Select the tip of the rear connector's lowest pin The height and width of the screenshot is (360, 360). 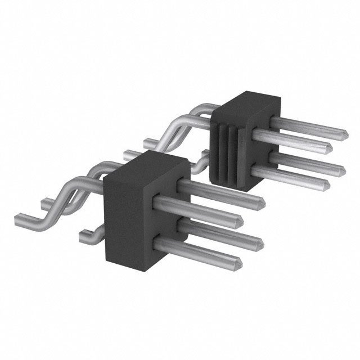[326, 183]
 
